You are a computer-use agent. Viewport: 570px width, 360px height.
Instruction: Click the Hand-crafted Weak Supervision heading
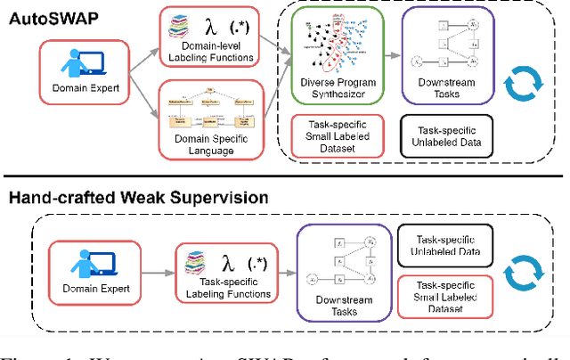tap(134, 198)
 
